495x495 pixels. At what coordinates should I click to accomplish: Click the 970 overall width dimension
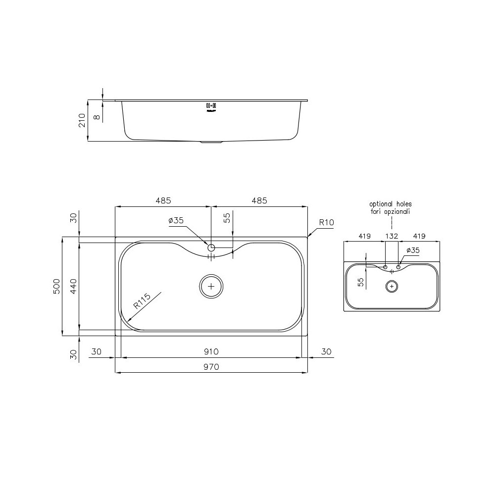(211, 367)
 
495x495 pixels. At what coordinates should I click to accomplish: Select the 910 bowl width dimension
(211, 351)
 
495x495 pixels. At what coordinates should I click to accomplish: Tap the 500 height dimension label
(56, 286)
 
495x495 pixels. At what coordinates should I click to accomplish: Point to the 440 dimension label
(73, 286)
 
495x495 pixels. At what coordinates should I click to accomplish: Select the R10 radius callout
(326, 223)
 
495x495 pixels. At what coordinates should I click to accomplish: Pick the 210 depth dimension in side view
(82, 120)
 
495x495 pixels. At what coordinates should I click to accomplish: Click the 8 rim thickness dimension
(97, 117)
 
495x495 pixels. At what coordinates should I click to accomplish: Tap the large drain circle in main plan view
(211, 286)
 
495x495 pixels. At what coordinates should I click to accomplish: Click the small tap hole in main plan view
(211, 247)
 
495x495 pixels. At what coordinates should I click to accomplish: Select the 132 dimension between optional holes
(392, 236)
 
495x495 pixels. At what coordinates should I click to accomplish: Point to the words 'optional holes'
(391, 203)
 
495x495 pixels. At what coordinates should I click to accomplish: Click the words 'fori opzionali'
(391, 211)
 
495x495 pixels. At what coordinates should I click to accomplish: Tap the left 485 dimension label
(163, 200)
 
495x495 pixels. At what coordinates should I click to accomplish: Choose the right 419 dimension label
(418, 236)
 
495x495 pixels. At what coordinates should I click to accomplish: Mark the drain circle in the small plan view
(392, 286)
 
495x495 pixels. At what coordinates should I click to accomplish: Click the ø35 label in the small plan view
(412, 250)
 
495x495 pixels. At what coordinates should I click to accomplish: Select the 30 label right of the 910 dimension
(326, 351)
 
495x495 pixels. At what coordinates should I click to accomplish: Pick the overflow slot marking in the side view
(211, 105)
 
